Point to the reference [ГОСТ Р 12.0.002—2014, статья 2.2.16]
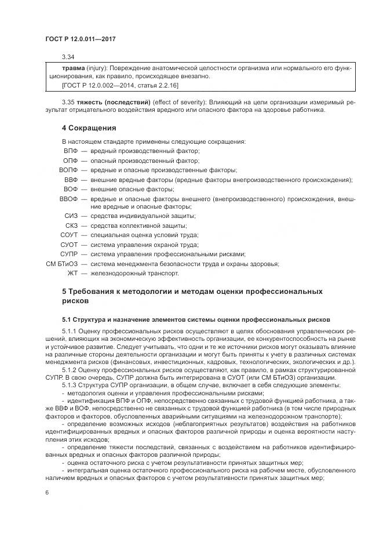[120, 85]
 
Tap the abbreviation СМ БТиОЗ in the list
[61, 264]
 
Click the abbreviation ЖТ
[72, 273]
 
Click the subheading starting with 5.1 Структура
[196, 319]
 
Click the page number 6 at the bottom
[46, 492]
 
